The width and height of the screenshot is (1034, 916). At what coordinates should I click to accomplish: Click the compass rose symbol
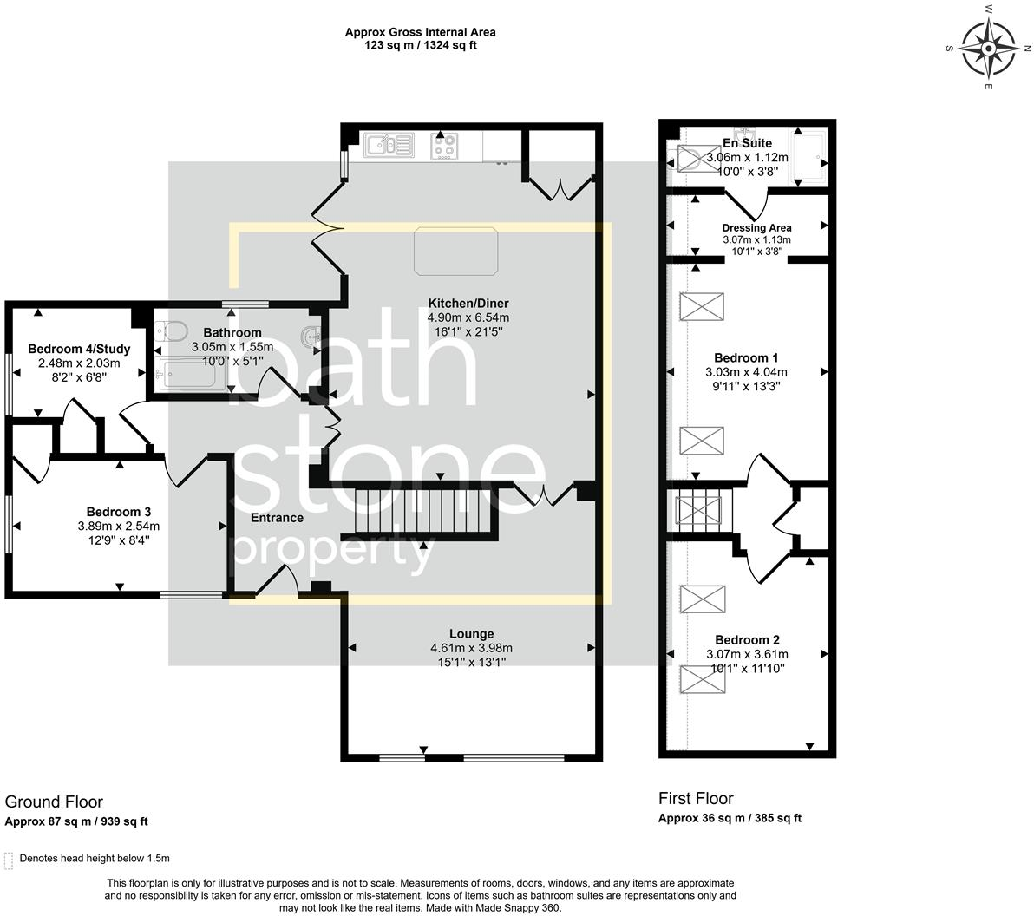989,49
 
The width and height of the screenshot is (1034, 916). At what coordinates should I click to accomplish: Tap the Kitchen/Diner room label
468,304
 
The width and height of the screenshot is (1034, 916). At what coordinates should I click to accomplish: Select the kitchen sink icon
389,146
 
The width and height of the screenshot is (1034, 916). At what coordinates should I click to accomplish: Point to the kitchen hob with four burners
444,146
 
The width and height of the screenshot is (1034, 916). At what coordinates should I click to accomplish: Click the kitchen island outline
455,252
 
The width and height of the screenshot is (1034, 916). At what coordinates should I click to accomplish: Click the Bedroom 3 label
119,512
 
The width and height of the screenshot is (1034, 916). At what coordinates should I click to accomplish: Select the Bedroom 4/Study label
79,349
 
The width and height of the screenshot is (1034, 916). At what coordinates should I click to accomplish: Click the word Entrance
277,518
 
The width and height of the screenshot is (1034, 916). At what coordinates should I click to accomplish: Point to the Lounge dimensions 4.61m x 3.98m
472,648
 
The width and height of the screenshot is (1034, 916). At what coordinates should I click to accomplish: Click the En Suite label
747,143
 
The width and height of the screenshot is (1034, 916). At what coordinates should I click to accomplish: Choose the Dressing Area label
757,228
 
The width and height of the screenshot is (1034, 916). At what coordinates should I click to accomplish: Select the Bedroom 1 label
747,358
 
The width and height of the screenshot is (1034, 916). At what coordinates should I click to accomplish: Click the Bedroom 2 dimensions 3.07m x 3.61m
747,654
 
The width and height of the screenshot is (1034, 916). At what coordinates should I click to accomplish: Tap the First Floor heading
696,799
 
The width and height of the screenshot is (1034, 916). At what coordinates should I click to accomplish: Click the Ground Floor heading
54,801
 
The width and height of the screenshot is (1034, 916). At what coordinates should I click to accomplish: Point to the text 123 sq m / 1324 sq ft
421,45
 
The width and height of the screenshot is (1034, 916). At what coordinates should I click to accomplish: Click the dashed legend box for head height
9,860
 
